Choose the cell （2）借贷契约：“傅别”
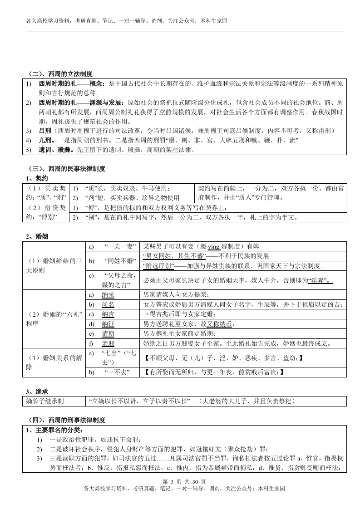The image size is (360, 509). tap(46, 212)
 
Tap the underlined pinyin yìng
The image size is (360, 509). tap(213, 246)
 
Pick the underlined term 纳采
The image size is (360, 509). tap(108, 294)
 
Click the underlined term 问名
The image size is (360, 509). tap(108, 304)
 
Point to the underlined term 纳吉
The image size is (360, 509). tap(108, 314)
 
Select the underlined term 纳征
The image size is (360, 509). tap(108, 324)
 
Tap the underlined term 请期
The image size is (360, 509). tap(108, 333)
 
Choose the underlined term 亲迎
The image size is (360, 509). tap(108, 343)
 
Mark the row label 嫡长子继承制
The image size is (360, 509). tap(44, 401)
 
